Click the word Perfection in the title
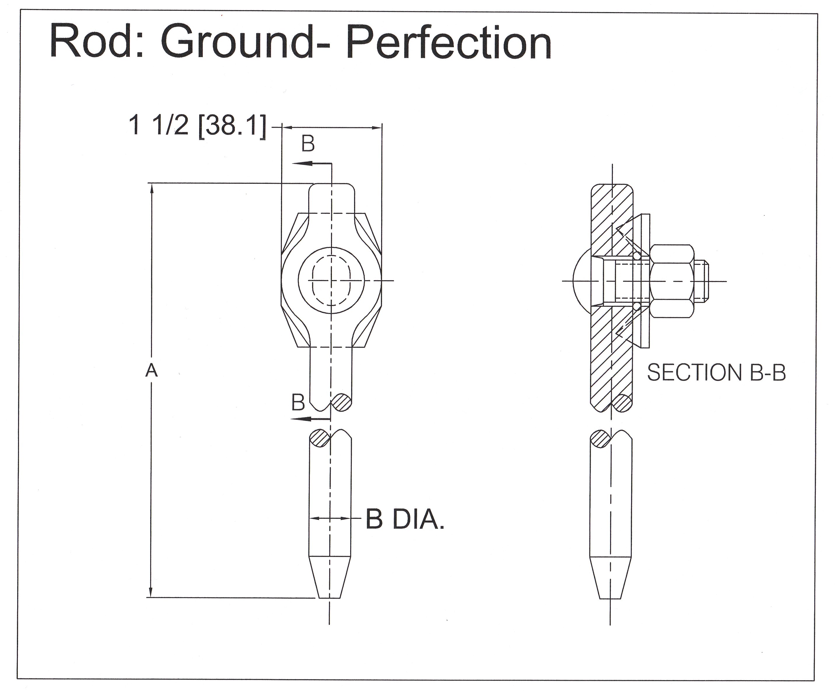(449, 43)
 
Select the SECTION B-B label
(716, 373)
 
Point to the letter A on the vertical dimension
(151, 371)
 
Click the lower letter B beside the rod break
(298, 402)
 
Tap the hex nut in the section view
(672, 281)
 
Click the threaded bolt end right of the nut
(702, 281)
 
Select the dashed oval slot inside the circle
(331, 280)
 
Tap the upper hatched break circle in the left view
(342, 403)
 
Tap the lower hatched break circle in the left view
(320, 438)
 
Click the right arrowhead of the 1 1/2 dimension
(376, 128)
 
